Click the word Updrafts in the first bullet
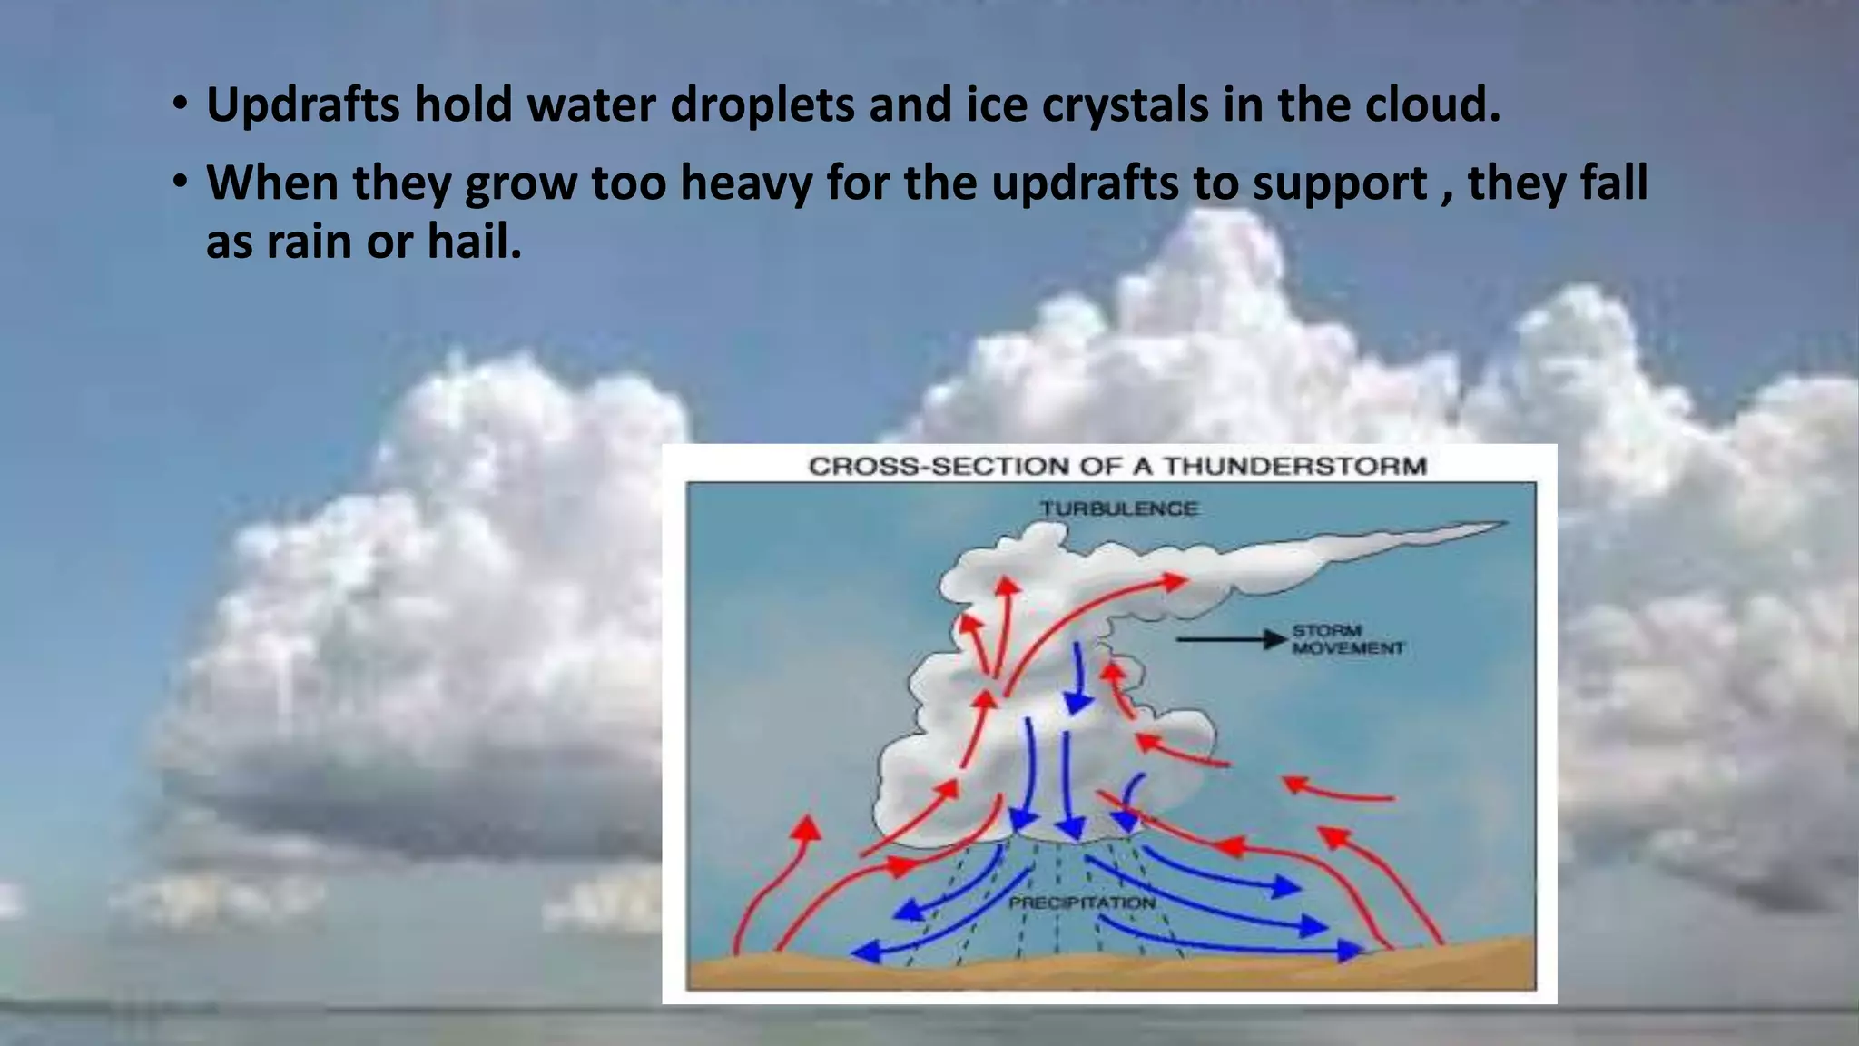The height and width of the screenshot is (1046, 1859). (302, 105)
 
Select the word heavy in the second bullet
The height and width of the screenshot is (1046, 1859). (746, 183)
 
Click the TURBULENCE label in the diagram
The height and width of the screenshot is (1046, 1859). (1118, 508)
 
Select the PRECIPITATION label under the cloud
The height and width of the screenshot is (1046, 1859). (1082, 903)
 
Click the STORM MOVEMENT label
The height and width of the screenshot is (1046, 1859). (1347, 639)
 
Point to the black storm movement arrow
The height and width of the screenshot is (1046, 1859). (1230, 640)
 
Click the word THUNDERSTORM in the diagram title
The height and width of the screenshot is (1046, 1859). (1295, 467)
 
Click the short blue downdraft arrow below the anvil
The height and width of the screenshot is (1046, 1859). (1078, 681)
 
